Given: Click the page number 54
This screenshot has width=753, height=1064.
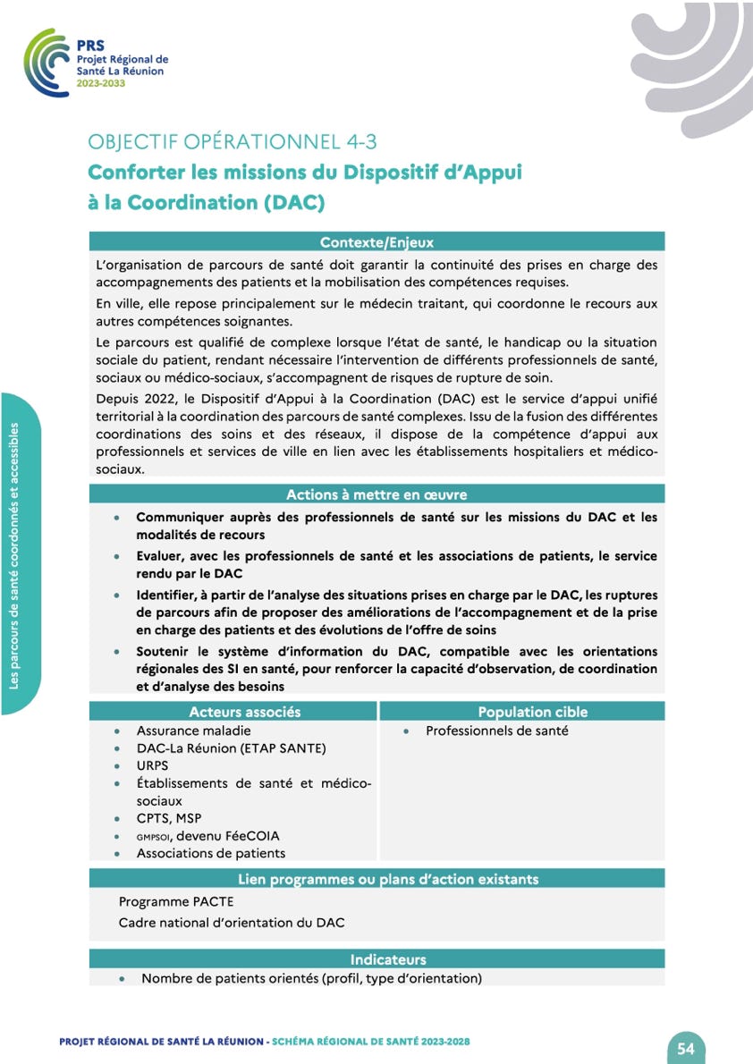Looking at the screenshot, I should point(686,1049).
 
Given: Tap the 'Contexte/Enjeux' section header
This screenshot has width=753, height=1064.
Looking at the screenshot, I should point(376,242).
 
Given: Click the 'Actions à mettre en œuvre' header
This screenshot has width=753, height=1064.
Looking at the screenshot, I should point(376,494).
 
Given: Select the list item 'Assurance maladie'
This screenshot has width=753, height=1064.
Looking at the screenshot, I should point(193,730).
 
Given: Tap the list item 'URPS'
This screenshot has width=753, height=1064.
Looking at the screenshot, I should point(152,766).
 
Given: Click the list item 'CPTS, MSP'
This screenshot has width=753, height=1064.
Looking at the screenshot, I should point(169,818).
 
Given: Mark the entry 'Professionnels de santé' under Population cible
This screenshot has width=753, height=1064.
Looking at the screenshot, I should point(496,730).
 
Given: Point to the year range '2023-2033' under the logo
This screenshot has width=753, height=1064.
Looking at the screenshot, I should point(101,83).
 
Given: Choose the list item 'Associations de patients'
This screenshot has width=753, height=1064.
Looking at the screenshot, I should point(211,853).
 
